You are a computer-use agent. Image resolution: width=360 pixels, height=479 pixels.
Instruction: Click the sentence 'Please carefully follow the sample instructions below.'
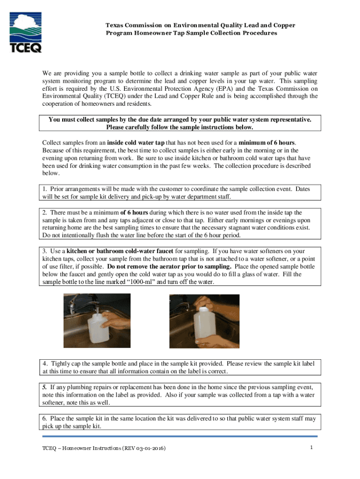tap(180, 127)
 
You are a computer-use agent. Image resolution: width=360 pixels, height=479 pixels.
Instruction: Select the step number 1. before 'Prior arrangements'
tap(45, 189)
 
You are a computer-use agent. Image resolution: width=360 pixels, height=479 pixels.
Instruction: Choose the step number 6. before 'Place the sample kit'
tap(45, 419)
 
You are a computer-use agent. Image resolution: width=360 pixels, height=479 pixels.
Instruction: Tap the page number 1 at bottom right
tap(311, 448)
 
